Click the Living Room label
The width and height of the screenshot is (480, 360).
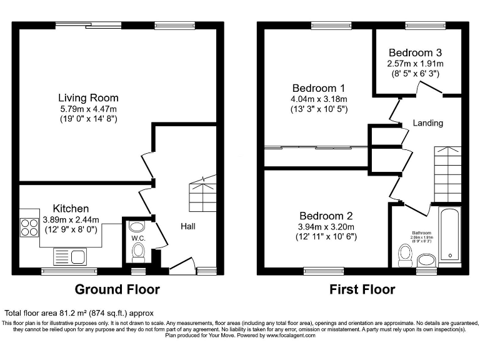[88, 98]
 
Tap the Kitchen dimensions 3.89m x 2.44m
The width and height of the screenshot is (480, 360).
[71, 219]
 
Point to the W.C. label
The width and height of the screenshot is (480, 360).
[138, 237]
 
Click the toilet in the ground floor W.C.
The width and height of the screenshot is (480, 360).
[138, 252]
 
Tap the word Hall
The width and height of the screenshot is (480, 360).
[187, 226]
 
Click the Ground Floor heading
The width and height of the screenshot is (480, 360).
[117, 289]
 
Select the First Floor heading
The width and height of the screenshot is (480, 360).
[362, 289]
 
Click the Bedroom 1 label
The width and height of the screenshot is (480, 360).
[319, 88]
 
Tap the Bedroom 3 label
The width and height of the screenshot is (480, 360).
[415, 53]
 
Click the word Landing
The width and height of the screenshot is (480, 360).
[428, 123]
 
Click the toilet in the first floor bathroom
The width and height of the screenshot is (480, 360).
[406, 254]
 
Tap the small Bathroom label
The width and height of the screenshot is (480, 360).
[422, 232]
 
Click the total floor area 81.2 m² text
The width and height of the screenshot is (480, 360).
[79, 312]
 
